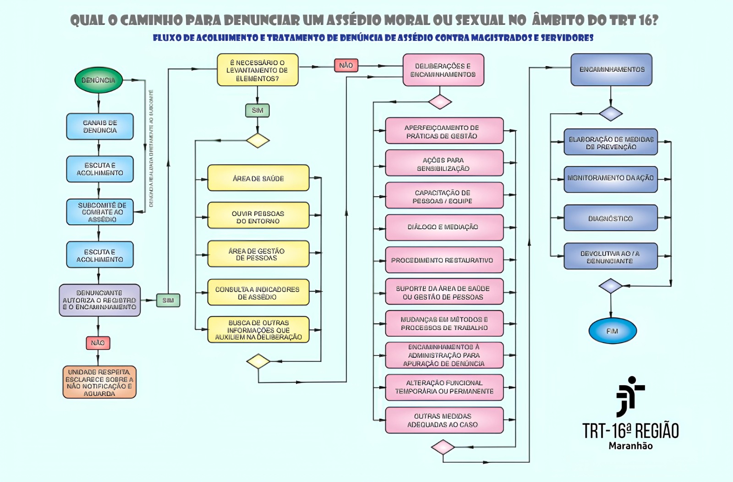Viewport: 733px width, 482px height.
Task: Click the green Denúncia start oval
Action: click(98, 80)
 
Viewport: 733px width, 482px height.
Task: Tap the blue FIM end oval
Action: click(612, 331)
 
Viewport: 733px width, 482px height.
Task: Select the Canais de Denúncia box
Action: click(100, 127)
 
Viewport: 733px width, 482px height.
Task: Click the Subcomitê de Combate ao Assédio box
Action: click(100, 212)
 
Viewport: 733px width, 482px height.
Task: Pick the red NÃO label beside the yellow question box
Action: click(346, 65)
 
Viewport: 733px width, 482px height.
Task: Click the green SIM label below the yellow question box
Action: click(257, 110)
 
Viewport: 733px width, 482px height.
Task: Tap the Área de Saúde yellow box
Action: click(258, 178)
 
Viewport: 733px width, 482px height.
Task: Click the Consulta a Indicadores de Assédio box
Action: click(258, 293)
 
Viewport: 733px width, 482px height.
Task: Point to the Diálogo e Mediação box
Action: click(444, 227)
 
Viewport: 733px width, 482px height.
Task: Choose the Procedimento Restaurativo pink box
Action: click(444, 260)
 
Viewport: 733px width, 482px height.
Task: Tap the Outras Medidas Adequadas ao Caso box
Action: click(444, 420)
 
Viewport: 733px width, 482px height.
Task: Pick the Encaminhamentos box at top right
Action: click(611, 70)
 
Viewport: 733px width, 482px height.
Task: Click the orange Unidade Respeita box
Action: click(99, 382)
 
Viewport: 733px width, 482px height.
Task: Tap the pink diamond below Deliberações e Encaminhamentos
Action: click(440, 101)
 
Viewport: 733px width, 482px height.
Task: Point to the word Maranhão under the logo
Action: click(630, 446)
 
